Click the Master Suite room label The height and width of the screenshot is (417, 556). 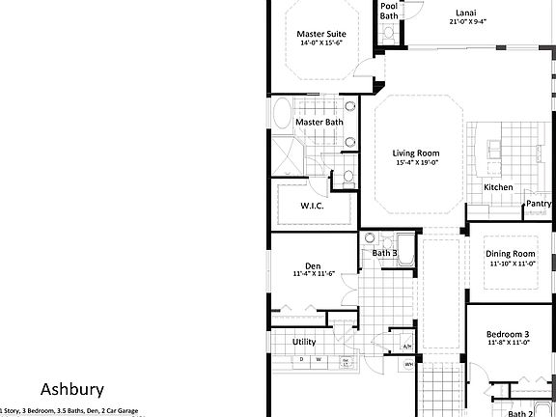320,34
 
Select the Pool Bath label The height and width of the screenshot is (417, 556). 388,10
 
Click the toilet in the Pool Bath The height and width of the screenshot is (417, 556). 388,33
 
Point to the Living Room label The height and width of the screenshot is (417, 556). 416,153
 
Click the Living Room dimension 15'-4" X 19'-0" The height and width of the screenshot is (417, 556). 416,163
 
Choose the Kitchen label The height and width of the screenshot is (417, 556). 498,187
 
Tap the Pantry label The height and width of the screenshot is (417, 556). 539,204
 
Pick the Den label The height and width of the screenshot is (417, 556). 313,265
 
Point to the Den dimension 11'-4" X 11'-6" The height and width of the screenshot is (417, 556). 313,275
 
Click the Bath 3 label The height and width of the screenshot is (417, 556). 385,254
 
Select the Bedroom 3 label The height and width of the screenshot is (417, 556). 509,333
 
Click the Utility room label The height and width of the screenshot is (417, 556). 304,342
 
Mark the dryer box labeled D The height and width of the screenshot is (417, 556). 301,360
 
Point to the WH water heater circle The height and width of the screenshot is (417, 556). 408,364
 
